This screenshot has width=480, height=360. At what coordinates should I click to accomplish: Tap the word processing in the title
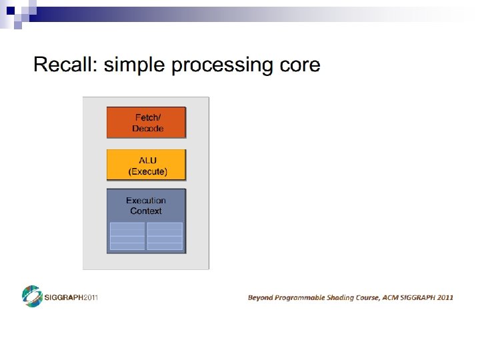pos(221,66)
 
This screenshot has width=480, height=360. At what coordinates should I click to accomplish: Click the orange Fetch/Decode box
pos(147,123)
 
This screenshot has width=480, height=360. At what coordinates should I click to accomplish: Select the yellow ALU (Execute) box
pos(147,165)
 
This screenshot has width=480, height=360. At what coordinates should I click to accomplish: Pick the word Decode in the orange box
pos(147,129)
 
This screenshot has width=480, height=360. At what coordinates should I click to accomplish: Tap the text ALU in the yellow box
pos(147,161)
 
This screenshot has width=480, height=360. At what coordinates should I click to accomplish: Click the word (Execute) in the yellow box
pos(147,171)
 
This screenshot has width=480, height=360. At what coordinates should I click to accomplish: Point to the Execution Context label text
pos(146,205)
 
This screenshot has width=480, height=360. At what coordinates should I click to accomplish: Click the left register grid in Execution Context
pos(127,236)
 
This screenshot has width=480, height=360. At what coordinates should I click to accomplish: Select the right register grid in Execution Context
pos(165,236)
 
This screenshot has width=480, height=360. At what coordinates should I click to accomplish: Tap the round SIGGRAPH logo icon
pos(32,297)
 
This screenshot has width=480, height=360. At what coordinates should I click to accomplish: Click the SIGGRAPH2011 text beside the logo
pos(71,297)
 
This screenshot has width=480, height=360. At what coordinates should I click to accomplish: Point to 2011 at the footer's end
pos(445,297)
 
